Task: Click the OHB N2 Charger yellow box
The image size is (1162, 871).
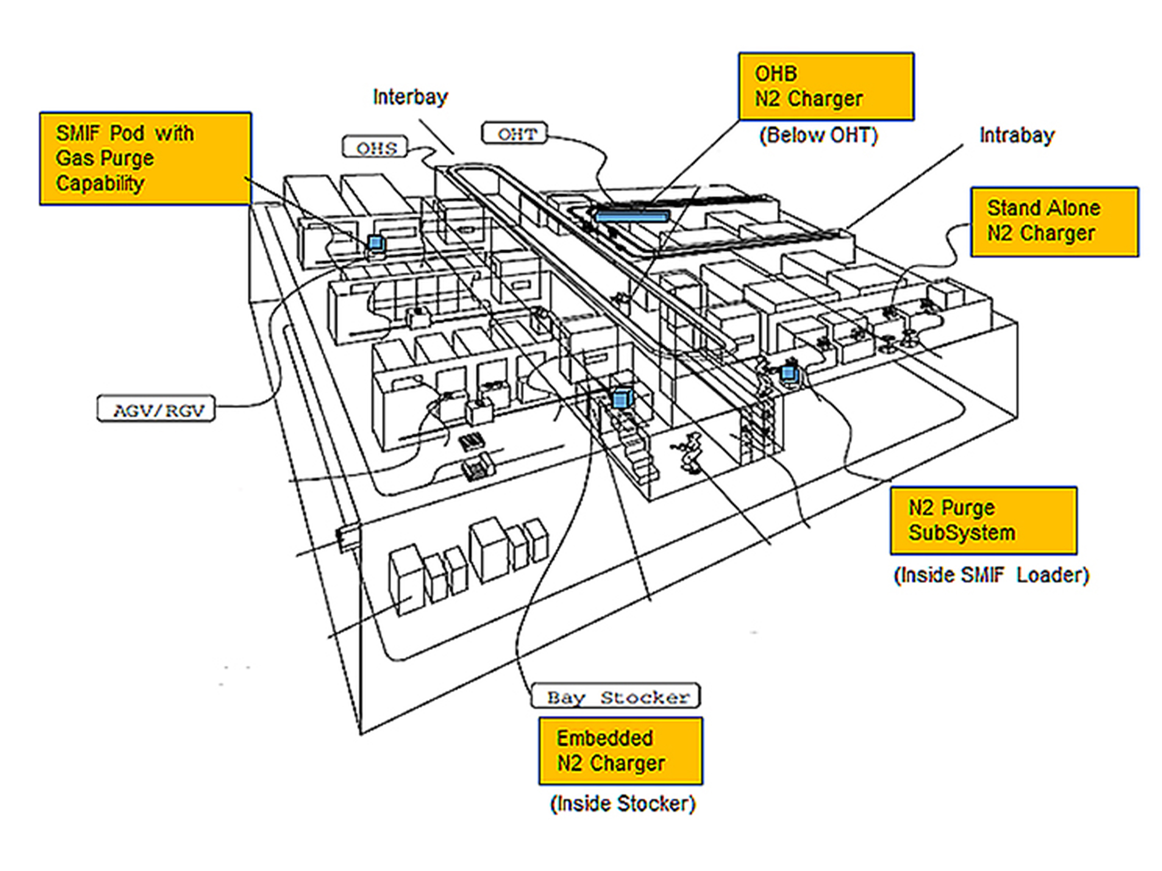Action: click(x=826, y=87)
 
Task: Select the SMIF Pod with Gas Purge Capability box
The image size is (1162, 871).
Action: click(x=146, y=158)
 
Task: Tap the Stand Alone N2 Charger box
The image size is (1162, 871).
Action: click(x=1054, y=221)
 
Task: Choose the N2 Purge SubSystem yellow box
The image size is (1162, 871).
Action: click(x=984, y=520)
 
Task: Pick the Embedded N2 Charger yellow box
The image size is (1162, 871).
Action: click(x=620, y=751)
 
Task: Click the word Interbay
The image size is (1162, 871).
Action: click(x=410, y=97)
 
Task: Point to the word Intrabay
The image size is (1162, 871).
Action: click(x=1016, y=135)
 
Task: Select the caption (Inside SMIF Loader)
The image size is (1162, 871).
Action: click(x=991, y=575)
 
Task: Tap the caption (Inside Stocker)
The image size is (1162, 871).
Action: click(x=623, y=804)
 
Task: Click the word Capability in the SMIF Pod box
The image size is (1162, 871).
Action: click(x=100, y=183)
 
